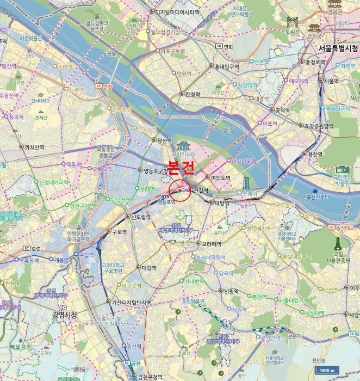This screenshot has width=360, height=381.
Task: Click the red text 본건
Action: (181, 167)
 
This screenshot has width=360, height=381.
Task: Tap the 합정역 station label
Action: (192, 94)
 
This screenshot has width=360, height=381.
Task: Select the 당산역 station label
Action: (164, 140)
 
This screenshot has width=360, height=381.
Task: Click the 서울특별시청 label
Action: (338, 48)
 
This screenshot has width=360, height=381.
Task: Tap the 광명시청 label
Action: (65, 314)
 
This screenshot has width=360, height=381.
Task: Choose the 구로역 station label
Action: (119, 231)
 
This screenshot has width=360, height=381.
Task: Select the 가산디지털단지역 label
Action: (131, 303)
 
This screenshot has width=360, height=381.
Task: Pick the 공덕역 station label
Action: (282, 110)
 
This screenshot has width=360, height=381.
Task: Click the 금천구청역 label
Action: (150, 377)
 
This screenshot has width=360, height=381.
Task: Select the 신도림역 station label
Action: (141, 217)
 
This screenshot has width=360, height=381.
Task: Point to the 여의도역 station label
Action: (221, 177)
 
